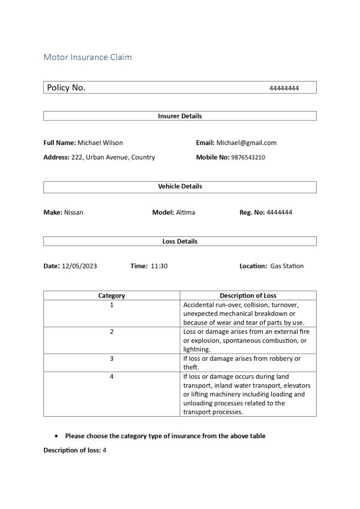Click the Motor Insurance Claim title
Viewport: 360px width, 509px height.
(x=88, y=58)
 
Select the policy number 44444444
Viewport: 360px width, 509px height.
(x=284, y=88)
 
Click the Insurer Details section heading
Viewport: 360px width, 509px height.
(x=179, y=116)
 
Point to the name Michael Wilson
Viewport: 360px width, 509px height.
(x=100, y=143)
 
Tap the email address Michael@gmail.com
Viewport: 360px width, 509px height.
(x=247, y=143)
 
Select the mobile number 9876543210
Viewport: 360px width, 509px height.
(x=248, y=157)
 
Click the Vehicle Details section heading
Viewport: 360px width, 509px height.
(x=179, y=186)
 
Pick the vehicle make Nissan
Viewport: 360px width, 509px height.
(x=74, y=212)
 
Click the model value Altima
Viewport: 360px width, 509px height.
(x=185, y=212)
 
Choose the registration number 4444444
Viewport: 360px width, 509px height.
(x=279, y=212)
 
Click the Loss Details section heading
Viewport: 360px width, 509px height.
(x=179, y=241)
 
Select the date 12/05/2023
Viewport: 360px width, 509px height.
(x=79, y=266)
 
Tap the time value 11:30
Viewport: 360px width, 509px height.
(x=159, y=266)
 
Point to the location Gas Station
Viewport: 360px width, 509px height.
(x=287, y=266)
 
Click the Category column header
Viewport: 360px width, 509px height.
(x=112, y=296)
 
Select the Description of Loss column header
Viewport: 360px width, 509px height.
(x=248, y=296)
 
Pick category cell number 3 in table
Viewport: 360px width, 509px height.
(x=112, y=359)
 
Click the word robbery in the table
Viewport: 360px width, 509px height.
(x=275, y=359)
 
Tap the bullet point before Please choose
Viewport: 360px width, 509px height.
(x=56, y=436)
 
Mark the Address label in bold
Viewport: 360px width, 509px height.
(x=56, y=157)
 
